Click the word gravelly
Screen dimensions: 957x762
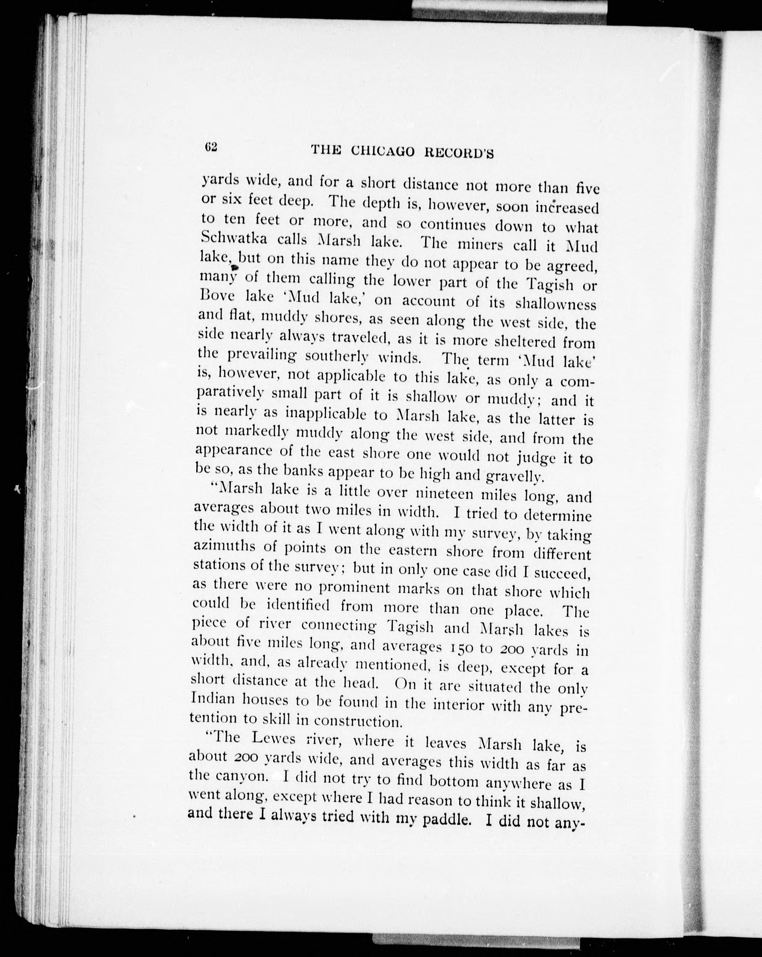click(x=514, y=477)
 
